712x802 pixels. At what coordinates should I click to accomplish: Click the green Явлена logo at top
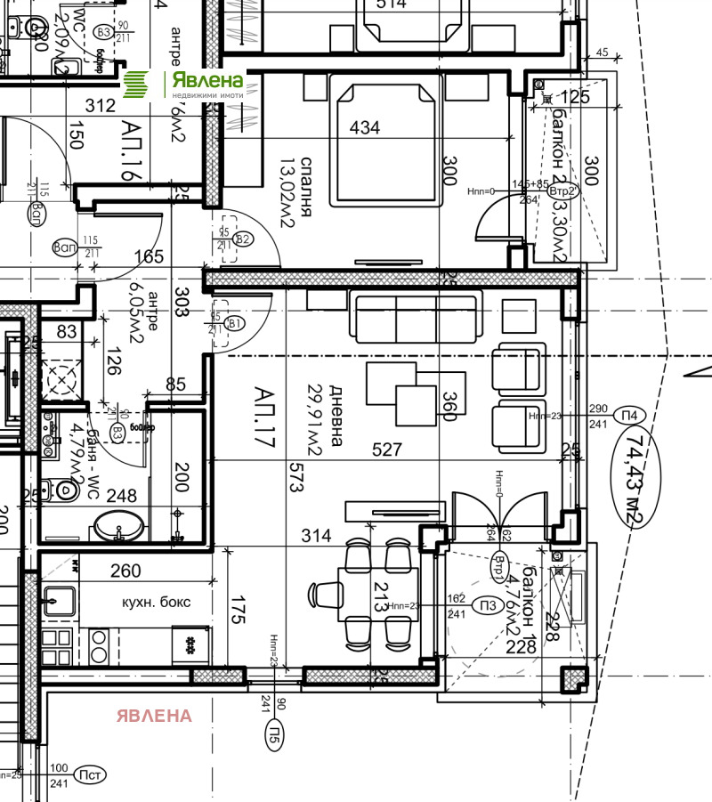coord(182,85)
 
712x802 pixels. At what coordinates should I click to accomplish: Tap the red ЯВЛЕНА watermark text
coord(154,716)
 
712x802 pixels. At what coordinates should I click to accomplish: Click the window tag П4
coord(630,415)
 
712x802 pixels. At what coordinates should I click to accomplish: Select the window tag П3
coord(487,604)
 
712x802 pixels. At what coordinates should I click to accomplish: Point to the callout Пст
coord(89,775)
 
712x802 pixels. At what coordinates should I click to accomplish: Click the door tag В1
coord(234,324)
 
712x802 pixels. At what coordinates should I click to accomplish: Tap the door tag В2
coord(243,238)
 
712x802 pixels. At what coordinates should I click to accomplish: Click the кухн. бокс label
coord(156,603)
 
